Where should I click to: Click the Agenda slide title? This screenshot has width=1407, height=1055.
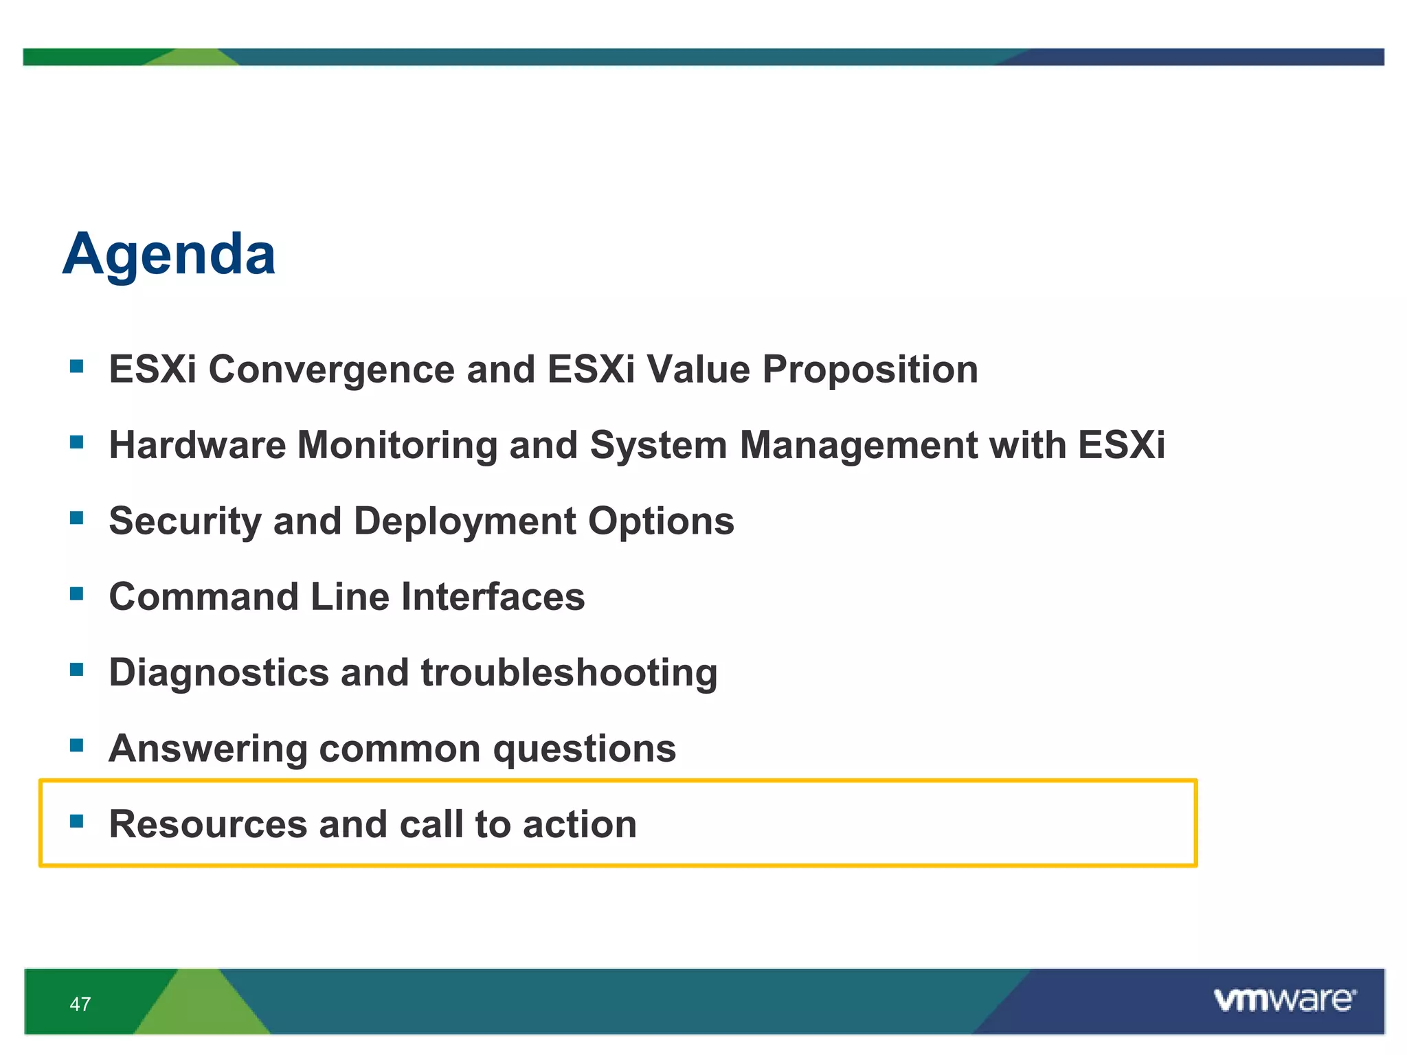coord(169,255)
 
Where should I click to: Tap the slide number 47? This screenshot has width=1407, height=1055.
coord(80,1004)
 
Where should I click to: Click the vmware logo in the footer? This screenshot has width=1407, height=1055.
coord(1284,1000)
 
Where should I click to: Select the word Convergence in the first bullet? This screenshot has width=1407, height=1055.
coord(331,370)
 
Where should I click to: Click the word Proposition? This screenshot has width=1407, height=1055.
coord(870,370)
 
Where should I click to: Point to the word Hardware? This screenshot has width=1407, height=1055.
coord(197,445)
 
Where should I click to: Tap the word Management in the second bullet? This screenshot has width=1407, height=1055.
coord(858,445)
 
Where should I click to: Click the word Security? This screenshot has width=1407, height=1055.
coord(185,521)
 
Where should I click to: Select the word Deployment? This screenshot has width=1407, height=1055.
coord(465,521)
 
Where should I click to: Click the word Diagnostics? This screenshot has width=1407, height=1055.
coord(218,672)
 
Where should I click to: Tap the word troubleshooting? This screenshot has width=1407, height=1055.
coord(569,672)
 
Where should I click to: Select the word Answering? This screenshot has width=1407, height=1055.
coord(208,748)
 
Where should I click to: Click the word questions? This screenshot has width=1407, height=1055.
coord(585,748)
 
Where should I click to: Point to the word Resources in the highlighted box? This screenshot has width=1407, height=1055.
coord(208,824)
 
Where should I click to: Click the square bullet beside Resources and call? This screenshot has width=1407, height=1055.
coord(77,820)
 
